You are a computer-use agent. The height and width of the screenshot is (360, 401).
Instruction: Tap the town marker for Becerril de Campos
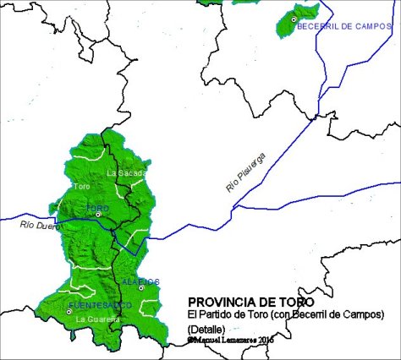coord(294,19)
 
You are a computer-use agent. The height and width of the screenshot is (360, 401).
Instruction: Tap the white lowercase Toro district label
coord(82,186)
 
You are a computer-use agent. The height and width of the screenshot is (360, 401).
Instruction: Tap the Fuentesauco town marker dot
coord(69,312)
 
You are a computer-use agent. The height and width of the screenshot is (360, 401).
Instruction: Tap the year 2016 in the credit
coord(266,339)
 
